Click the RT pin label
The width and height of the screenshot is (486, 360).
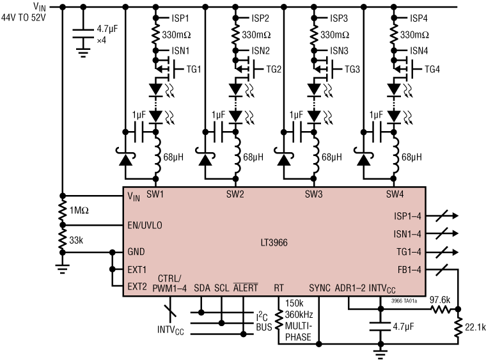[x=279, y=288]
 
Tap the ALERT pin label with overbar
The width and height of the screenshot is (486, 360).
[x=245, y=288]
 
